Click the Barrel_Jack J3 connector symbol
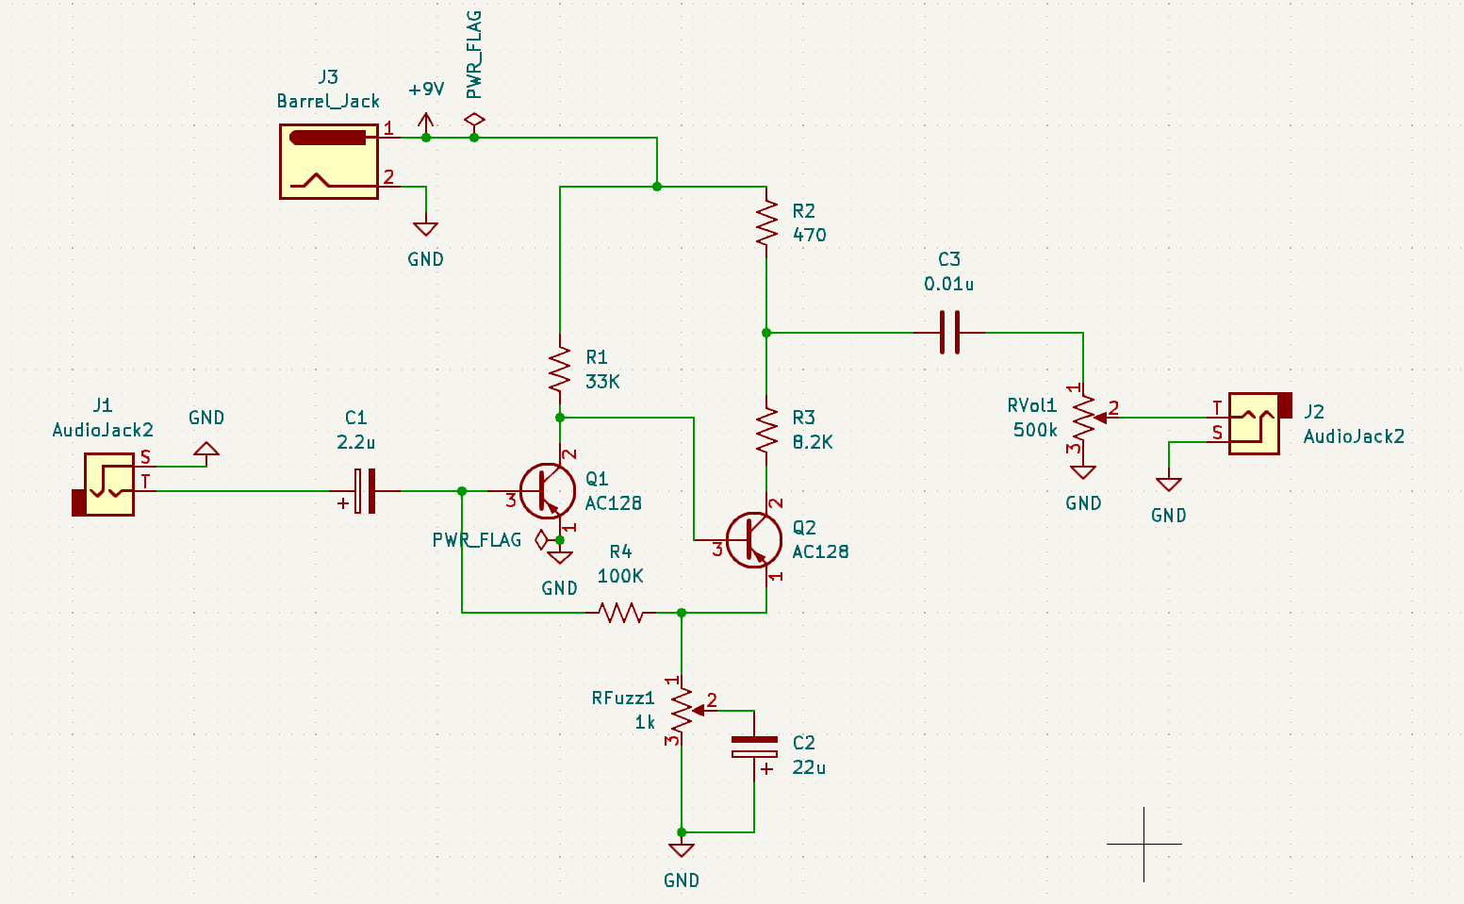[329, 161]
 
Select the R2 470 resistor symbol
[766, 223]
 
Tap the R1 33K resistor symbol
[560, 370]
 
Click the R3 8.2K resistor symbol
[766, 430]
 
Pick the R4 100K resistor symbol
[621, 613]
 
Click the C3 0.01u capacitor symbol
[950, 332]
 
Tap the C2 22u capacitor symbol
[754, 748]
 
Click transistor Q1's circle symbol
[548, 491]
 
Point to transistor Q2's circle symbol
[754, 540]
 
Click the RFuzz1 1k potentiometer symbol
[682, 712]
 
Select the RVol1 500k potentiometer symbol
[1084, 418]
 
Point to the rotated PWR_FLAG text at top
[474, 54]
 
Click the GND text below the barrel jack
[425, 259]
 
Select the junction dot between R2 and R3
[766, 333]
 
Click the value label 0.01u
[948, 284]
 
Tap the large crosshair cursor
[1143, 844]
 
